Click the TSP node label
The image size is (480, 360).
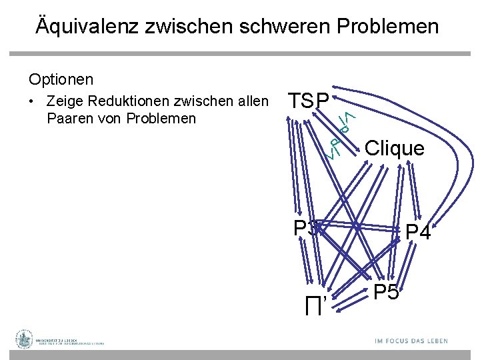point(308,101)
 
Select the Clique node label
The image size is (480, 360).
point(395,148)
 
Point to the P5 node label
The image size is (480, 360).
point(386,292)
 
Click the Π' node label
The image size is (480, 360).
point(315,307)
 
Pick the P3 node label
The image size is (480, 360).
point(305,228)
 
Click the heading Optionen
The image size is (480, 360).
point(61,79)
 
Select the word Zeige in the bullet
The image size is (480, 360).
point(64,101)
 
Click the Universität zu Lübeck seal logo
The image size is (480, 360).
point(25,339)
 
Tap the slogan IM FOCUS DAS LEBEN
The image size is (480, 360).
point(411,341)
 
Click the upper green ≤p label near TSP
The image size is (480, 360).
point(344,121)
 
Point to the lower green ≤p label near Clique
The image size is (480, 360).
point(336,147)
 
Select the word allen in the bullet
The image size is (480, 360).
point(252,101)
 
